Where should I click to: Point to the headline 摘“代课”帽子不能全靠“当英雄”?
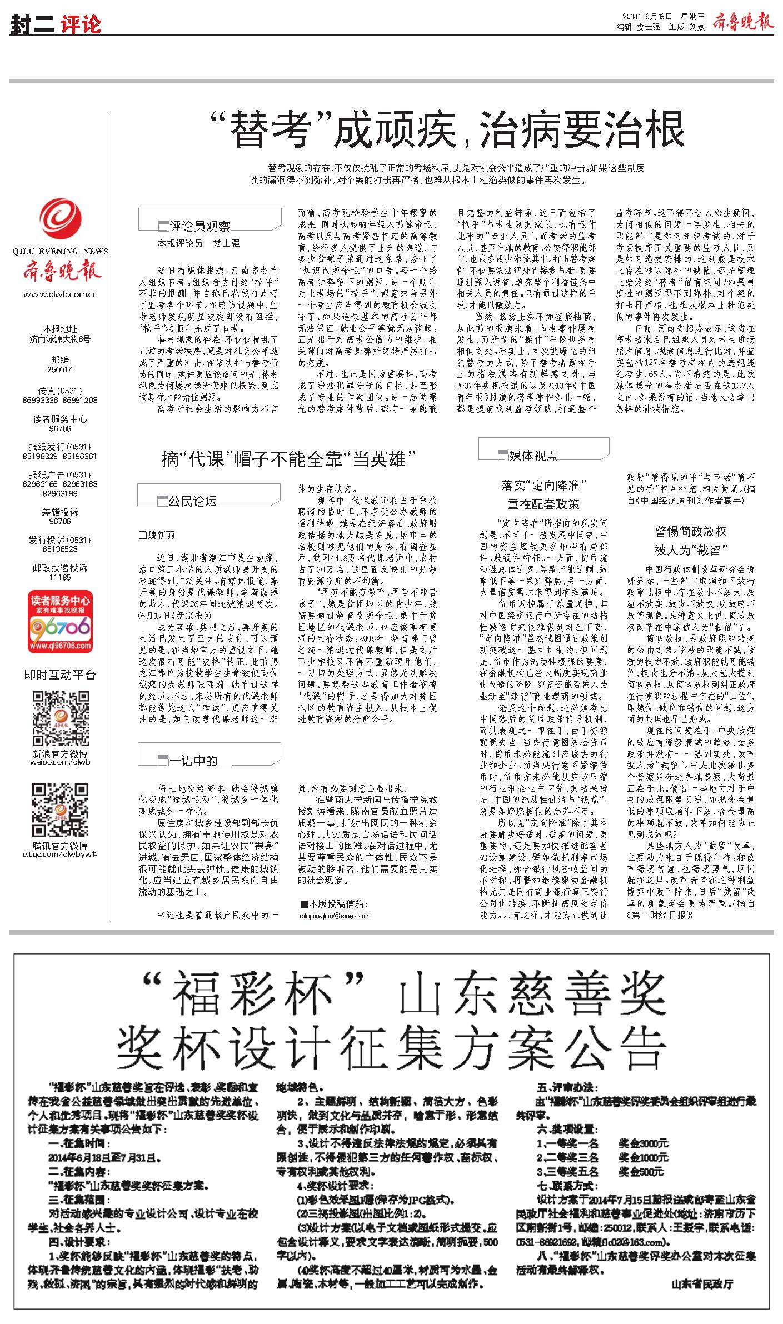tap(289, 459)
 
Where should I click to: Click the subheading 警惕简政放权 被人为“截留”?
tap(691, 541)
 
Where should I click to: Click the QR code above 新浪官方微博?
tap(61, 719)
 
